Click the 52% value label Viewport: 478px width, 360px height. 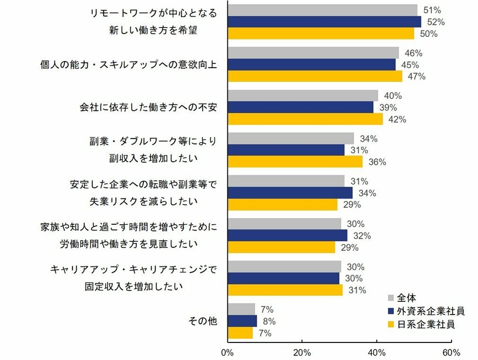point(436,22)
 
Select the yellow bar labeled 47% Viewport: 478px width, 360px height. point(315,76)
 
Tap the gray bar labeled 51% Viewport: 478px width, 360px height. point(323,10)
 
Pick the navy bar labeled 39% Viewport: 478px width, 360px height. point(301,107)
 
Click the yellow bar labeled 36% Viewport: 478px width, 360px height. point(295,162)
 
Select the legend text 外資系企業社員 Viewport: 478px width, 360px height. point(430,311)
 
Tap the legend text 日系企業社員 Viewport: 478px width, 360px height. point(425,324)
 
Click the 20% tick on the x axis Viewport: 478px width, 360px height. point(302,352)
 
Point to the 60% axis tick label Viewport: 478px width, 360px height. point(451,352)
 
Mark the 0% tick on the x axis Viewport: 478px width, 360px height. point(227,352)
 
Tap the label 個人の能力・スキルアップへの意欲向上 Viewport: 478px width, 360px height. point(129,64)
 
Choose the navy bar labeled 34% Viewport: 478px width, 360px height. point(290,192)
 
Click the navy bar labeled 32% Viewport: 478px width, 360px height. point(287,235)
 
